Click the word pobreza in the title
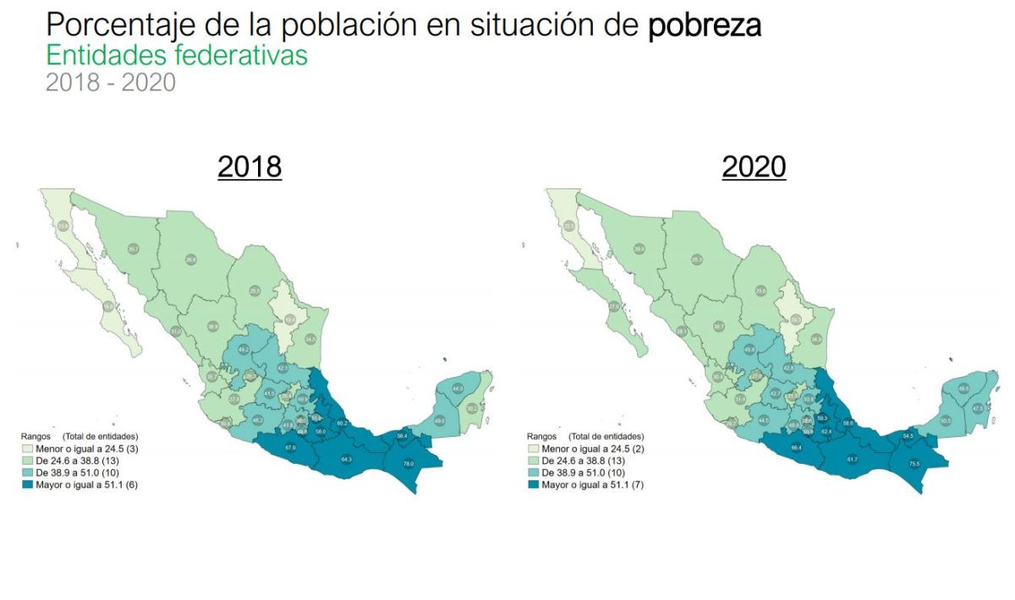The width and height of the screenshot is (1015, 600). pos(705,25)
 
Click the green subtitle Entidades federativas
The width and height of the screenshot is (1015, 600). pos(177,56)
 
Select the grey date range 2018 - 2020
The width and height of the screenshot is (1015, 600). pos(110,83)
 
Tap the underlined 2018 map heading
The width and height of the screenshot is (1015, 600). pos(250,167)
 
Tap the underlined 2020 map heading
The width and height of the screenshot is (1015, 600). pos(754,167)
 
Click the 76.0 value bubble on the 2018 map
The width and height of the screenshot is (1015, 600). pos(408,463)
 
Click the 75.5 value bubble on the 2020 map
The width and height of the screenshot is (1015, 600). pos(914,463)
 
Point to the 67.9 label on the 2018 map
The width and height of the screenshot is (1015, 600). pos(290,446)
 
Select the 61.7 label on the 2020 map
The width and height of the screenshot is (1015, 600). pos(853,459)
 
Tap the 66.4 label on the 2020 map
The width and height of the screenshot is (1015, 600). pos(797,446)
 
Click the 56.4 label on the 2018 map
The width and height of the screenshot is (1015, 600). pos(402,435)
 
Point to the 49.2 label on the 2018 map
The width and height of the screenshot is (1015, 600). pos(244,348)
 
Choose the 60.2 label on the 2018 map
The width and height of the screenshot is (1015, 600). pos(341,423)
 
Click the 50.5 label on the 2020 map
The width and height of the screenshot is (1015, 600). pos(946,420)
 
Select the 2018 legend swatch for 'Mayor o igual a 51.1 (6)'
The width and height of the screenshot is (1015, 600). pos(25,484)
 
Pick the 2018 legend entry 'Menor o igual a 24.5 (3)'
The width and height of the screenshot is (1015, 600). pos(80,449)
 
